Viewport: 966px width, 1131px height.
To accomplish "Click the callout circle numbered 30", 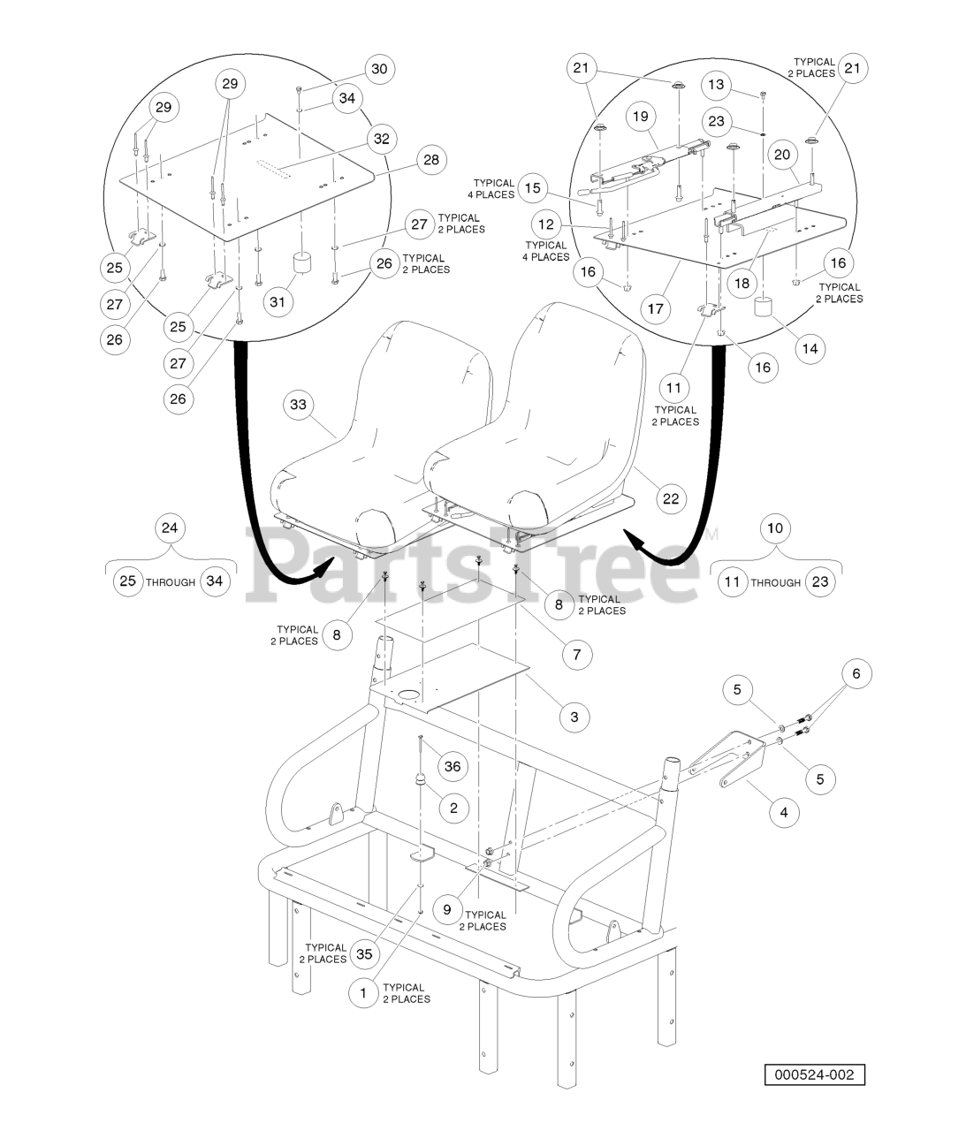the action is pyautogui.click(x=378, y=69).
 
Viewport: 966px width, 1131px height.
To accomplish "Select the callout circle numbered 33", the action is pyautogui.click(x=298, y=405).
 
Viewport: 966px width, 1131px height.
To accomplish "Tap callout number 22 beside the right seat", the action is pyautogui.click(x=671, y=498).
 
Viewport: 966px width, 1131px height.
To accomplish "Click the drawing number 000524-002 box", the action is pyautogui.click(x=814, y=1075).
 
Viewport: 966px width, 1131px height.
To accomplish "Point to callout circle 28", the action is pyautogui.click(x=430, y=160).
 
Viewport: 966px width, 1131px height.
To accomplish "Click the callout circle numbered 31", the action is pyautogui.click(x=278, y=302).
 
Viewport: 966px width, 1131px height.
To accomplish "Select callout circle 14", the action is pyautogui.click(x=809, y=348).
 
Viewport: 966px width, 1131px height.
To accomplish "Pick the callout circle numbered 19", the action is pyautogui.click(x=641, y=116).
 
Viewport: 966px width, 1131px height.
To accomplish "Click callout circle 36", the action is pyautogui.click(x=453, y=766).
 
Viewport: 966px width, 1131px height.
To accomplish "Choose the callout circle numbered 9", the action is pyautogui.click(x=447, y=909).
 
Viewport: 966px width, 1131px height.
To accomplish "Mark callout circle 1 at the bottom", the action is pyautogui.click(x=362, y=993).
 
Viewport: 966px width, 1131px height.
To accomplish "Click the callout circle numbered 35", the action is pyautogui.click(x=362, y=953).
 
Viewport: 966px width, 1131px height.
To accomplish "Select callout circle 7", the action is pyautogui.click(x=577, y=655).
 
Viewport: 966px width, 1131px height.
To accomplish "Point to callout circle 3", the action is pyautogui.click(x=574, y=717).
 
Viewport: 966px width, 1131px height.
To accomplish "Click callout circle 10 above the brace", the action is pyautogui.click(x=775, y=528).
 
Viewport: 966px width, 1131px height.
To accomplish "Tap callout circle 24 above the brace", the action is pyautogui.click(x=170, y=528).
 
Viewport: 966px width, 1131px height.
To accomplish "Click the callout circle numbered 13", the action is pyautogui.click(x=717, y=85).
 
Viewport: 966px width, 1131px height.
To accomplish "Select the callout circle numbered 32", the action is pyautogui.click(x=381, y=139).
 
